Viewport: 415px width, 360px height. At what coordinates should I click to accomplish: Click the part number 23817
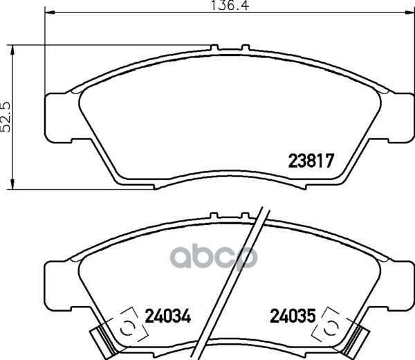(x=311, y=161)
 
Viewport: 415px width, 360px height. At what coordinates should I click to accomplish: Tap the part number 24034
(x=168, y=316)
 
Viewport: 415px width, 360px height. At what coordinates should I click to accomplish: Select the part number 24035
(x=293, y=316)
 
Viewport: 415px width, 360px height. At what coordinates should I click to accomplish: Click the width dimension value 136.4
(x=230, y=6)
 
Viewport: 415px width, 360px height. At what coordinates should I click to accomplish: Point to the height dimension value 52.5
(x=6, y=117)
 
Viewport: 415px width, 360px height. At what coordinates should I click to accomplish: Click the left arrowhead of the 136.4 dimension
(x=50, y=12)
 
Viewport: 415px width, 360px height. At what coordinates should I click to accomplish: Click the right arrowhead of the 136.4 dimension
(x=409, y=12)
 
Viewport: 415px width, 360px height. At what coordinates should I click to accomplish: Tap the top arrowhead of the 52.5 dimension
(x=12, y=50)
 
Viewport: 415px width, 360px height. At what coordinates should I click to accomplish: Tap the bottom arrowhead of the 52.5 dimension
(x=12, y=184)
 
